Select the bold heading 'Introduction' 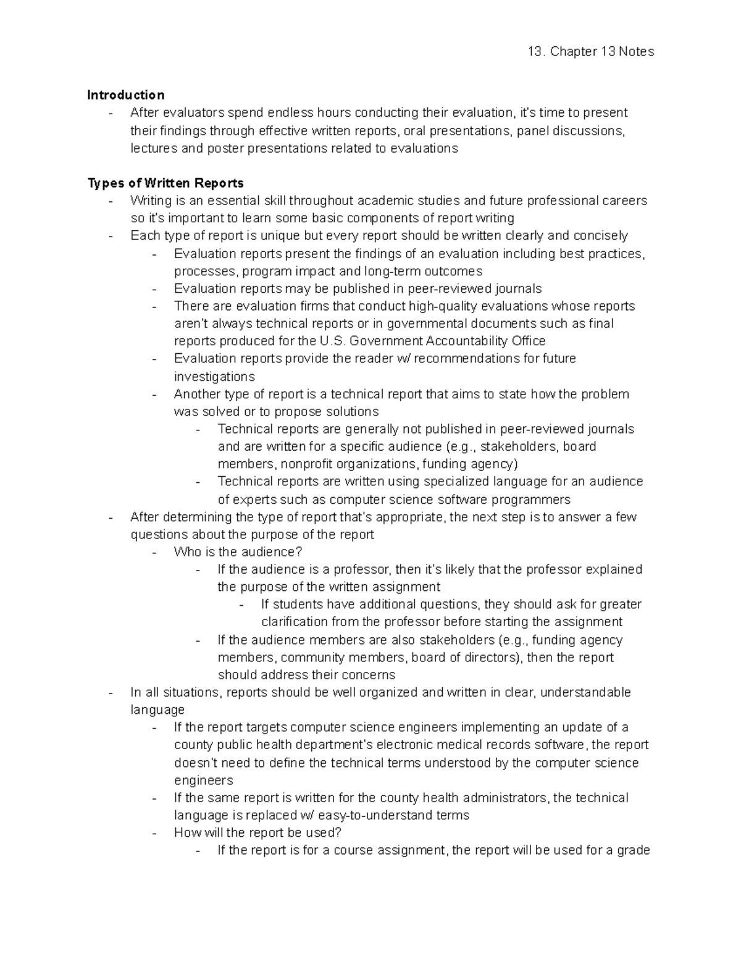(x=125, y=95)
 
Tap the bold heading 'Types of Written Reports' (x=165, y=183)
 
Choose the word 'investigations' (x=214, y=377)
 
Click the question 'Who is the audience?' (x=238, y=552)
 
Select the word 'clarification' (x=295, y=622)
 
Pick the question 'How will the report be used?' (x=257, y=833)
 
